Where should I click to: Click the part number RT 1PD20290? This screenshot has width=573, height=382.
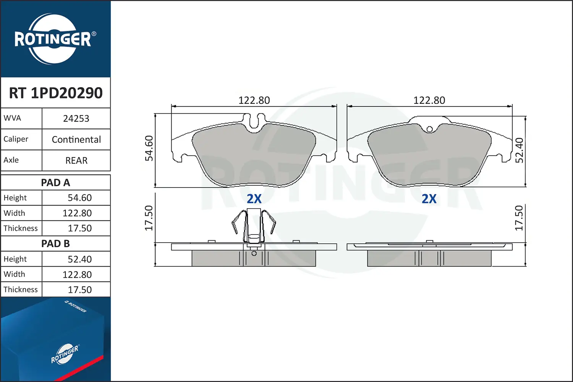[x=56, y=93]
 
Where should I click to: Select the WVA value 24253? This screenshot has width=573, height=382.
[x=76, y=118]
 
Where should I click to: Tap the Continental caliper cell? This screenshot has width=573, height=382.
[x=76, y=139]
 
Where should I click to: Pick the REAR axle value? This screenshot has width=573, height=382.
[x=76, y=160]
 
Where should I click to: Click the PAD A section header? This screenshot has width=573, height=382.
[x=55, y=183]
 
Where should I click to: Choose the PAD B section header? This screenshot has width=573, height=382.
[x=55, y=244]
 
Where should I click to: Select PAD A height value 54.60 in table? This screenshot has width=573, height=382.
[x=79, y=198]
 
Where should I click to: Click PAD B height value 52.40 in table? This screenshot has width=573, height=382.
[x=79, y=259]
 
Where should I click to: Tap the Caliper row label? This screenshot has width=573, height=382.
[x=16, y=139]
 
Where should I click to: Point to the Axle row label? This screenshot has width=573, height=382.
[x=11, y=160]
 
